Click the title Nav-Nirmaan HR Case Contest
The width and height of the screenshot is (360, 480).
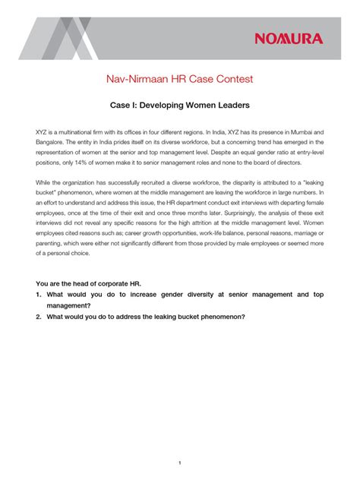(179, 79)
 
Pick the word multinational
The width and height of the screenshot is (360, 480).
(77, 131)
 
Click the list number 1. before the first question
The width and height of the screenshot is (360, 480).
(38, 294)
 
